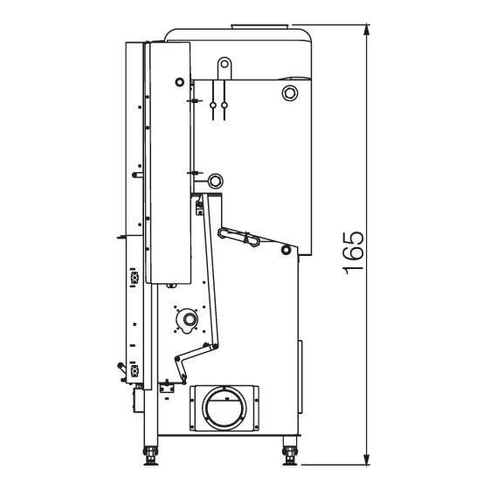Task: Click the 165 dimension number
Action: [x=353, y=252]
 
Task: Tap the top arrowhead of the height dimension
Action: [x=367, y=30]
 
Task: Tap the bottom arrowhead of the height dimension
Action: [x=367, y=459]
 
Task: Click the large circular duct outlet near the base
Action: [x=224, y=408]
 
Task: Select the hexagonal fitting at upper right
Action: [x=290, y=93]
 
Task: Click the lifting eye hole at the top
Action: [x=224, y=64]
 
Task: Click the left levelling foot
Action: [x=150, y=456]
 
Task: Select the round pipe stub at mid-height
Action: [x=216, y=182]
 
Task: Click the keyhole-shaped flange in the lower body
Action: [x=189, y=321]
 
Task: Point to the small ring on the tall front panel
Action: [x=179, y=82]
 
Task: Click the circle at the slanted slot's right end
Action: [x=286, y=250]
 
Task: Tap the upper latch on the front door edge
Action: [x=135, y=277]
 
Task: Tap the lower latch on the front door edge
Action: [x=135, y=369]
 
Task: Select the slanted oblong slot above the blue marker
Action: [x=238, y=237]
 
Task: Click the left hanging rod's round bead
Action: [x=213, y=105]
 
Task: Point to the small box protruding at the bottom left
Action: [x=139, y=401]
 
